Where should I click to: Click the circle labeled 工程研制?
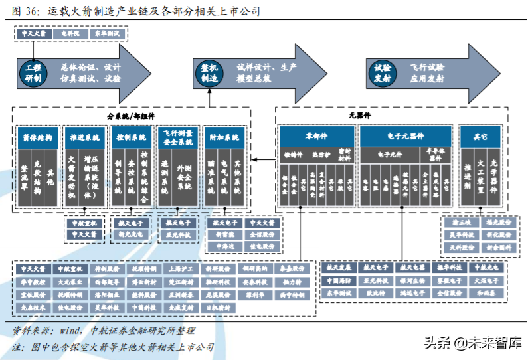click(33, 72)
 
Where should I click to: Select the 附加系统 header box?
click(222, 138)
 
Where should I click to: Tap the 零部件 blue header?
click(316, 136)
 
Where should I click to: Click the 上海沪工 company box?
click(181, 269)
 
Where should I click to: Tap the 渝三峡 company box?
click(461, 223)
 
